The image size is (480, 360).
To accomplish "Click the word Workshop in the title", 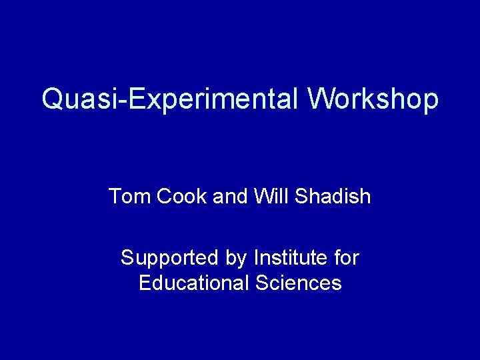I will click(373, 99).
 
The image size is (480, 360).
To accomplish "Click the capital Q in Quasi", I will click(51, 99).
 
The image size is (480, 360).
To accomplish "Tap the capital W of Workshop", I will click(321, 99).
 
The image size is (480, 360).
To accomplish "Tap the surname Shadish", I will click(331, 197).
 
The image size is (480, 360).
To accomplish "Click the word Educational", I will click(193, 283).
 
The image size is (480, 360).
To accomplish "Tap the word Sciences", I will click(299, 283).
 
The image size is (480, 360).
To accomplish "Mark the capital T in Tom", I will click(114, 197).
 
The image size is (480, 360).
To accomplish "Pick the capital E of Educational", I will click(145, 283).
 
